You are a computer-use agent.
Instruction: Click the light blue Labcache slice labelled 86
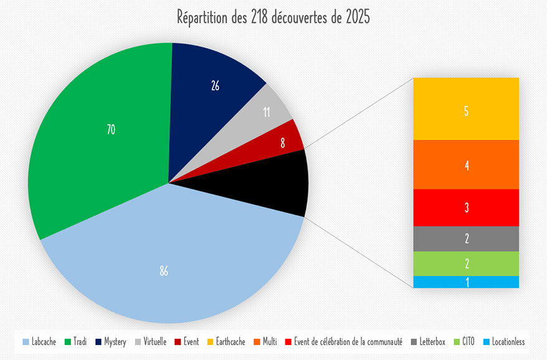pos(164,272)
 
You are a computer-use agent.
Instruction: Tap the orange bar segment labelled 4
pos(466,164)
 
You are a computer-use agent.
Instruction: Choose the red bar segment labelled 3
pos(466,207)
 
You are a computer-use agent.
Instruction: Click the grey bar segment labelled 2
pos(466,239)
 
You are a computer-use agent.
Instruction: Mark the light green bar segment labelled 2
pos(466,263)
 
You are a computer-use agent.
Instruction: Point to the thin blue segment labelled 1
pos(466,282)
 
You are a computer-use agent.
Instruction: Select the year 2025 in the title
pos(356,17)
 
